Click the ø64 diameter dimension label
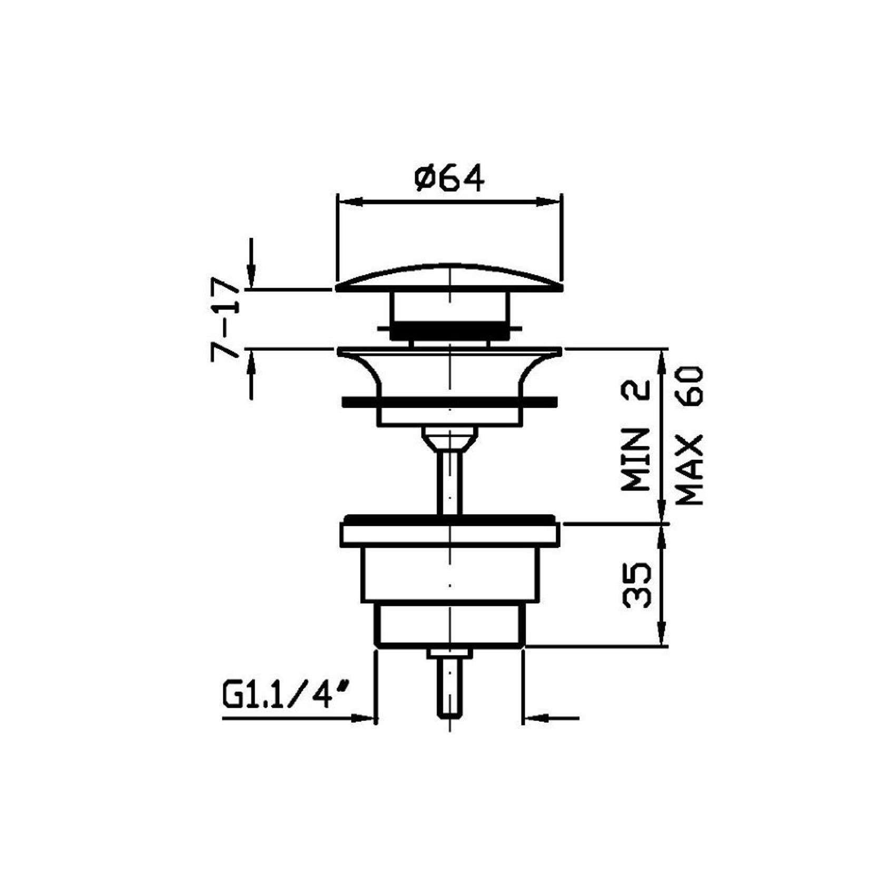[x=449, y=178]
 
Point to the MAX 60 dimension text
[x=689, y=436]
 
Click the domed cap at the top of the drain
[x=449, y=278]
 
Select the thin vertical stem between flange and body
[x=450, y=483]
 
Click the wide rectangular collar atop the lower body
[x=450, y=532]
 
